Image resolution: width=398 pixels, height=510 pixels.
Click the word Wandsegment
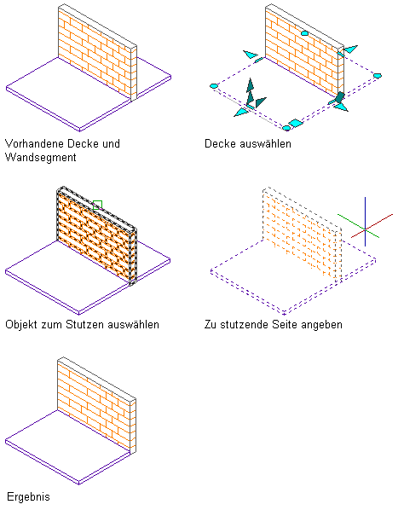[x=41, y=158]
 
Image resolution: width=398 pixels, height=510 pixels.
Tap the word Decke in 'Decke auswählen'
[x=220, y=143]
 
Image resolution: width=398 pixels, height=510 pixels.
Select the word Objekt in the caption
[x=21, y=325]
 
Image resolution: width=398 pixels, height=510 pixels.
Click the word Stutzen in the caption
[x=85, y=325]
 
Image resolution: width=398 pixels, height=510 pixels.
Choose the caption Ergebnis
[x=28, y=497]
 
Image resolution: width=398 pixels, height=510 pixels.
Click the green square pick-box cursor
[x=97, y=205]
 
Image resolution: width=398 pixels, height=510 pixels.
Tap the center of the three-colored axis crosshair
[x=365, y=229]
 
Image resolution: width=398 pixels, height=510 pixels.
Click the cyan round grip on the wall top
[x=304, y=33]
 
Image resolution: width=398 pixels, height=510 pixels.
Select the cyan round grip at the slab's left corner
[x=214, y=86]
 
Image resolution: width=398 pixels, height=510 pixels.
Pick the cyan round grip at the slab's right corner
[x=377, y=76]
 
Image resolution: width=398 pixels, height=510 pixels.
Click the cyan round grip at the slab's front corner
[x=286, y=128]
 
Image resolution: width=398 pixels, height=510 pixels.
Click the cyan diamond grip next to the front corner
[x=296, y=123]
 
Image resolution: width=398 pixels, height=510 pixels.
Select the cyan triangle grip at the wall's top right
[x=350, y=49]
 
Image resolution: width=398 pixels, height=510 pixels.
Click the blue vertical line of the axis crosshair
[x=365, y=222]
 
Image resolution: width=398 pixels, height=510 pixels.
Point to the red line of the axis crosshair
[x=372, y=226]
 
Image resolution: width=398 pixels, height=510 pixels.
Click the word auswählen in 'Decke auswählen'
[x=265, y=143]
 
